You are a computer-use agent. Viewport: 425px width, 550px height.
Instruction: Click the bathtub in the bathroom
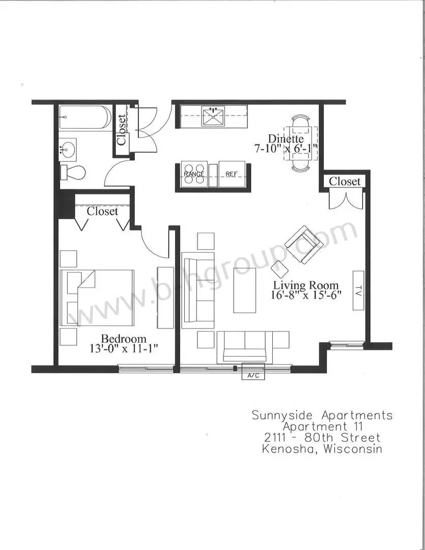(86, 117)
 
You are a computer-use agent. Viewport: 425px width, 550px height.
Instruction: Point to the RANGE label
(194, 174)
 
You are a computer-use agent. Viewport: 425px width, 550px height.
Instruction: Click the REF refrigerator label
(232, 174)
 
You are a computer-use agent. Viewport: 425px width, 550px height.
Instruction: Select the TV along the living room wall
(358, 290)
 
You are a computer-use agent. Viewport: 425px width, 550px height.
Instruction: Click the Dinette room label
(286, 139)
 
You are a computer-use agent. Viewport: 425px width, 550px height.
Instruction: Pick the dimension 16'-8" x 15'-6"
(306, 295)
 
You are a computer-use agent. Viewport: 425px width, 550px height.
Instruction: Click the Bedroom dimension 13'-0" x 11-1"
(124, 349)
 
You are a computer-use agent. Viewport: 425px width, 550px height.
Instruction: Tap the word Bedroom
(124, 339)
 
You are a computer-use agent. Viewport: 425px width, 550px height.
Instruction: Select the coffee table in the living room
(245, 290)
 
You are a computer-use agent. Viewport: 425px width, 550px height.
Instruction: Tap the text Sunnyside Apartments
(322, 416)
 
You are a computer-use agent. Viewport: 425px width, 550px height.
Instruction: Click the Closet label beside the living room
(345, 181)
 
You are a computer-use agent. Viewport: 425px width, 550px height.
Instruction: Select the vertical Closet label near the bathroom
(121, 130)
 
